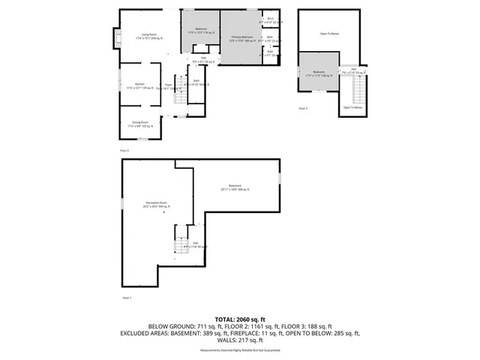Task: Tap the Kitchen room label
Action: point(139,85)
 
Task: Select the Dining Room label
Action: point(139,123)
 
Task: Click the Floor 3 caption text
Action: point(303,109)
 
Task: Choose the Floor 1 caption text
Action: point(126,298)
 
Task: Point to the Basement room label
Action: point(235,187)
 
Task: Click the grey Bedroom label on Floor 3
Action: point(316,73)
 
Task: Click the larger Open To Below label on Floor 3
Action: point(329,34)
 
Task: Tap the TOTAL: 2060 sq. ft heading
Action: point(239,319)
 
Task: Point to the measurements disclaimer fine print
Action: point(239,351)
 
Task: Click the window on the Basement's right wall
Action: point(280,180)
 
